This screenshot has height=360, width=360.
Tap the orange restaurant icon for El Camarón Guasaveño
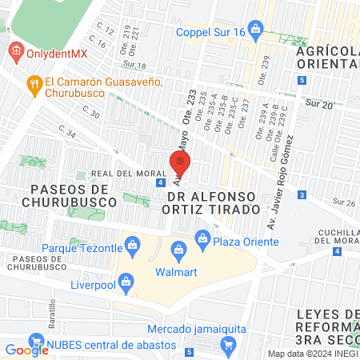pos(34,82)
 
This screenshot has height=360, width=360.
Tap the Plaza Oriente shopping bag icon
pos(202,238)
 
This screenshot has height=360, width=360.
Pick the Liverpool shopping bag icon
pos(126,281)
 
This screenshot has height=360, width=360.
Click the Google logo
pos(27,349)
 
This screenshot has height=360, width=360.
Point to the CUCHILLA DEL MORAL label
pos(334,237)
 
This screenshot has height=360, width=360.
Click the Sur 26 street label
pos(344,204)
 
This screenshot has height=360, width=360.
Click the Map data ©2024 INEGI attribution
pos(312,354)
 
